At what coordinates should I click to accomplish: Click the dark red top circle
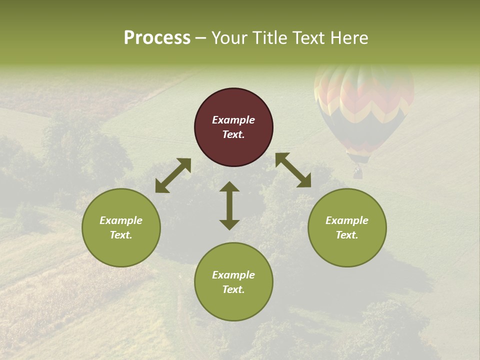point(233,127)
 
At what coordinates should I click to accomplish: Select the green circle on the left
point(121,227)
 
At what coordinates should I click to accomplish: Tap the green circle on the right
point(347,227)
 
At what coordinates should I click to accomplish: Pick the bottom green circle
point(233,282)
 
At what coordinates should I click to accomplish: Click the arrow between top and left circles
point(173,175)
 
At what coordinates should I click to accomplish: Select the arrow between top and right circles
point(293,170)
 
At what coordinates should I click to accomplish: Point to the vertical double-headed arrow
point(229,205)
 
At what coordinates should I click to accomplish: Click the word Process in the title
point(157,38)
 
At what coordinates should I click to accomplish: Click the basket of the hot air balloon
point(357,173)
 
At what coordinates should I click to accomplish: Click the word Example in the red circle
point(233,120)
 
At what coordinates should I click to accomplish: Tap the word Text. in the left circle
point(121,235)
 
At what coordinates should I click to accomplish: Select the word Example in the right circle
point(347,220)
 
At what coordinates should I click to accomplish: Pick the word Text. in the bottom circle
point(233,289)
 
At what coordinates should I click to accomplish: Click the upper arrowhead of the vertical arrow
point(229,187)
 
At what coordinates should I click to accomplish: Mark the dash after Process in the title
point(201,38)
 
